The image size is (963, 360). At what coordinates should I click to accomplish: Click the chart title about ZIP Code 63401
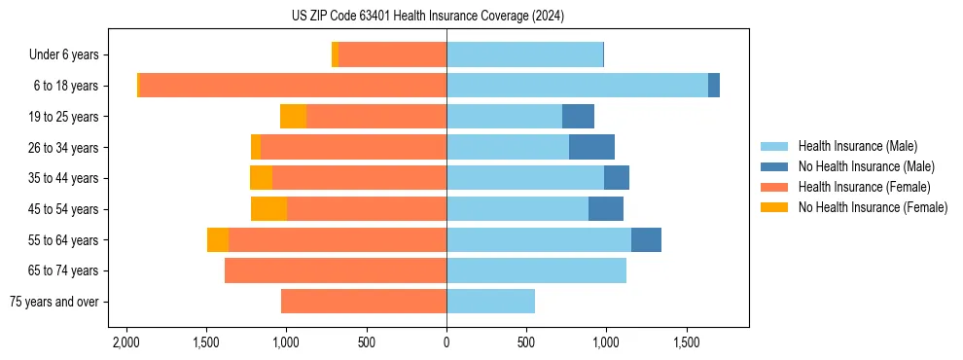[427, 17]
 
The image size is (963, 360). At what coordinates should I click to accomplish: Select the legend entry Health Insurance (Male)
[857, 146]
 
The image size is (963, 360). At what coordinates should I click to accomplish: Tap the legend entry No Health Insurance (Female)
[873, 207]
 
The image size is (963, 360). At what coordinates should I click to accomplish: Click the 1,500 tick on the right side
[686, 343]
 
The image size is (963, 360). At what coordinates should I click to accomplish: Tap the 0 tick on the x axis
[446, 343]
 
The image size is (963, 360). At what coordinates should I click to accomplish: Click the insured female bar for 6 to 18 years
[292, 86]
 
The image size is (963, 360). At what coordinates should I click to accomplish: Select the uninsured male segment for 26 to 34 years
[591, 148]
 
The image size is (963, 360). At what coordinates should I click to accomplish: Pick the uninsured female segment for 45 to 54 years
[268, 209]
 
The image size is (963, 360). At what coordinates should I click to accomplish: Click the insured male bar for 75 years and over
[490, 302]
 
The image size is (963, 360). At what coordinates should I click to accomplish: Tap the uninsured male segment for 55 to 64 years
[646, 240]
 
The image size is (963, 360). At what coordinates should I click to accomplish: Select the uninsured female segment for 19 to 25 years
[293, 117]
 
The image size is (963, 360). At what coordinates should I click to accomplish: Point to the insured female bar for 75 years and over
[364, 302]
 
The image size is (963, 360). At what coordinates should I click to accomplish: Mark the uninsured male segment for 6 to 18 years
[714, 86]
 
